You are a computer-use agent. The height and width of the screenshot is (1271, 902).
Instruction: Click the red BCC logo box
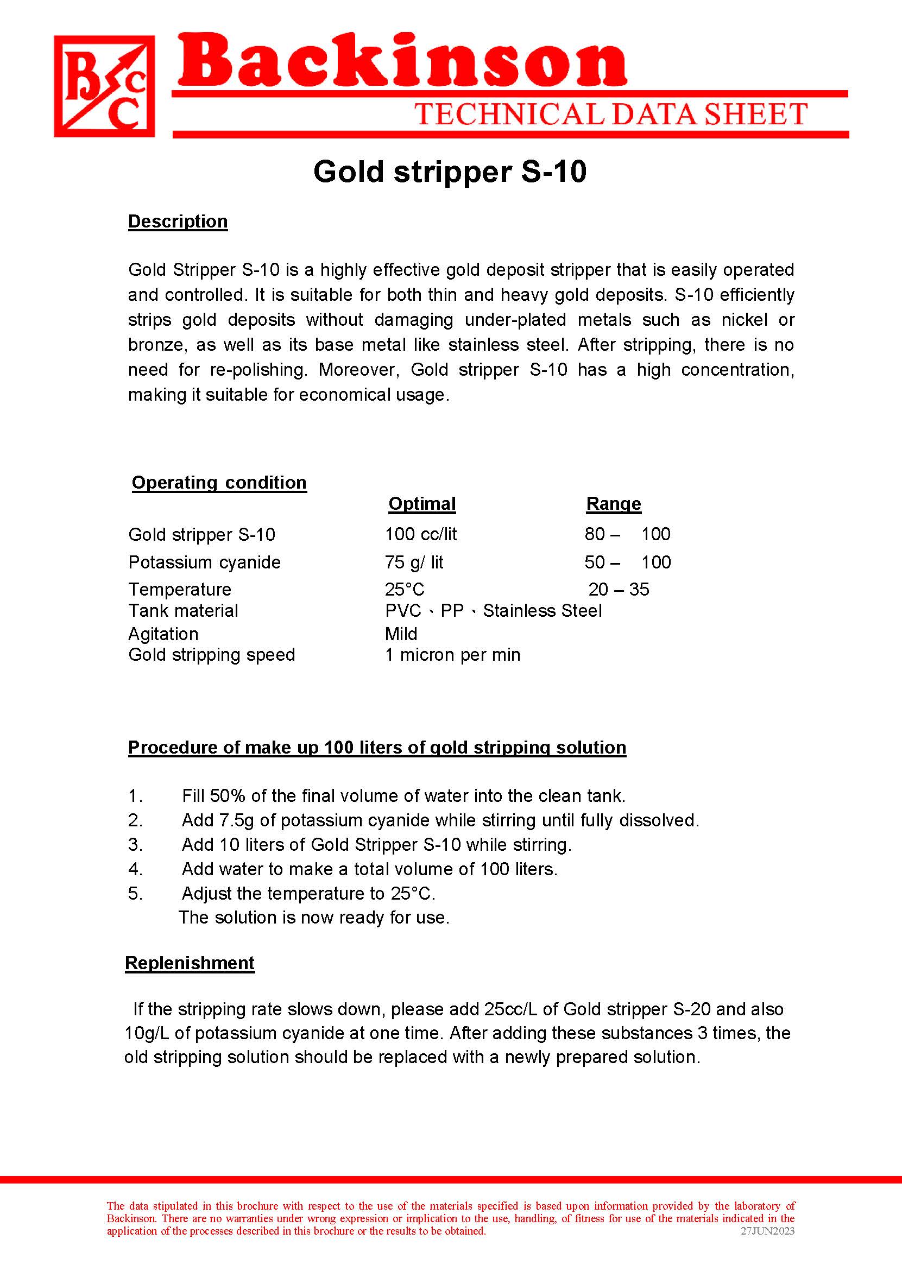104,86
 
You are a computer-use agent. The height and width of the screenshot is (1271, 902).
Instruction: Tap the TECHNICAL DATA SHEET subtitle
610,115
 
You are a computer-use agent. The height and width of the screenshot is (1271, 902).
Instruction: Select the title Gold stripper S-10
449,172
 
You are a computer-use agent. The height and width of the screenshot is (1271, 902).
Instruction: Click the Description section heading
178,222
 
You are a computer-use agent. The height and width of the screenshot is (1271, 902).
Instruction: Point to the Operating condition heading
219,483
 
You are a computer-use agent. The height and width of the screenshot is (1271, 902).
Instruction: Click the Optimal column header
421,504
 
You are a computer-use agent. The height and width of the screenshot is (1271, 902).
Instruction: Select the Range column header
613,504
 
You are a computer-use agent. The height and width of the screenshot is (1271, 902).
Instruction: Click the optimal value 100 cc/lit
420,534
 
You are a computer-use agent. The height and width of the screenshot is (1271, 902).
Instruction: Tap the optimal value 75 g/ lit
414,562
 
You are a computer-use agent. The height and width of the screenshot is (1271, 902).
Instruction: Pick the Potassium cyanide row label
204,562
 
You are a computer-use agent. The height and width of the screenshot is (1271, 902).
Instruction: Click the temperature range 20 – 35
618,589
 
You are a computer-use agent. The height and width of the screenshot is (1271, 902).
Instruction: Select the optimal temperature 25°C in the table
405,589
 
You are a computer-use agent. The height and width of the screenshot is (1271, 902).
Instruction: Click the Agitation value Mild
400,634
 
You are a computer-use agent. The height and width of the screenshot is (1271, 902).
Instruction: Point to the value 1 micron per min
453,655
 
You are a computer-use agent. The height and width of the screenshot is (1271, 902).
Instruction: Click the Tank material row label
182,611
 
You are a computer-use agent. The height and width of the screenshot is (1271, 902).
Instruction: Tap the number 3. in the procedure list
135,845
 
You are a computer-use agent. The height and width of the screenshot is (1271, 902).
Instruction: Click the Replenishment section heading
190,963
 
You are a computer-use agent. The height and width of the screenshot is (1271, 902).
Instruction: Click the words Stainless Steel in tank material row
542,611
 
